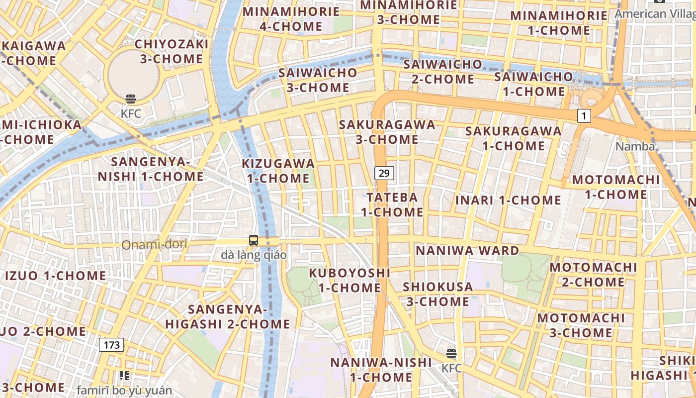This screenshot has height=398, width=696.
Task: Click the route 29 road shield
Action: (384, 173)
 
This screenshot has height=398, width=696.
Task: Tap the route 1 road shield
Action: (584, 116)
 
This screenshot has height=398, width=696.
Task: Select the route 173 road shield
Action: (111, 345)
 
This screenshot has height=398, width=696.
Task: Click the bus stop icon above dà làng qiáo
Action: (254, 240)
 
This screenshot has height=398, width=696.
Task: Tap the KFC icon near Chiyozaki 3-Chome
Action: (131, 99)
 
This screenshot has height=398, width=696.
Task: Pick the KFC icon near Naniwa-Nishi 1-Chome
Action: (451, 354)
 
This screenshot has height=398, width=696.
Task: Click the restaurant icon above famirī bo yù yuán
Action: (124, 376)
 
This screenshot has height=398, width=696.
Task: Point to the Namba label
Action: (635, 146)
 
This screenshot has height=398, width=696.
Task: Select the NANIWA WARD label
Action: (467, 250)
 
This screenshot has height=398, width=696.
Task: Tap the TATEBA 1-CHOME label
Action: (392, 204)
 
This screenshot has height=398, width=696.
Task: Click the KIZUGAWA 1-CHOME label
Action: (278, 171)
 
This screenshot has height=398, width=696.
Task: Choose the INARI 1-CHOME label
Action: (509, 200)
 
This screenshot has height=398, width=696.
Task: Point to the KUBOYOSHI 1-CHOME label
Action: (349, 280)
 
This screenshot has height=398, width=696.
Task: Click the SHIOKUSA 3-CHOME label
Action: (437, 294)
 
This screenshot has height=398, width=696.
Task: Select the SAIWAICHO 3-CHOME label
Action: (317, 80)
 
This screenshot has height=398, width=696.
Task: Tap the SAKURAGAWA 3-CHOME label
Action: (387, 132)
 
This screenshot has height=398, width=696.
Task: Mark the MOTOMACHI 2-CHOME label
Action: (593, 275)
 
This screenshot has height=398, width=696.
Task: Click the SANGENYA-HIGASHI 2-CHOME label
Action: (228, 317)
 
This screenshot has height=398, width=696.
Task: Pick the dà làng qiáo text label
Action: (254, 255)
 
